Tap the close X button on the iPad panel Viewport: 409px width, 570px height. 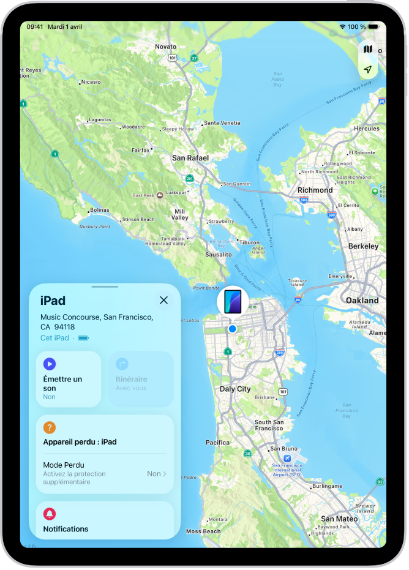(163, 300)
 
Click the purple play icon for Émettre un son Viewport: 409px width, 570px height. (50, 364)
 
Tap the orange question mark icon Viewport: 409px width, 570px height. (50, 428)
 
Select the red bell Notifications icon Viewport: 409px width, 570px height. (50, 514)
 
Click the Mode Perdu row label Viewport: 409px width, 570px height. (64, 465)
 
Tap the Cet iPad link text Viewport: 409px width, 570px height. (54, 337)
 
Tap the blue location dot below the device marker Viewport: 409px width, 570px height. (232, 329)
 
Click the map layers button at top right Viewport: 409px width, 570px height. (367, 49)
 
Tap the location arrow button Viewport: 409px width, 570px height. (367, 70)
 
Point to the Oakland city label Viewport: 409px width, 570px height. (362, 301)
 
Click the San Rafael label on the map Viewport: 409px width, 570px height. (190, 158)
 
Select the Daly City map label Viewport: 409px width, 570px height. (235, 389)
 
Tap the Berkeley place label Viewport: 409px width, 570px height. (363, 246)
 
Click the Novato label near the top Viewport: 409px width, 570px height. (165, 47)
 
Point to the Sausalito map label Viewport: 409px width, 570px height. (218, 254)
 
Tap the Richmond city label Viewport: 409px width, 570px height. (315, 190)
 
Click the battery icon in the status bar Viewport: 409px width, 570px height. (373, 27)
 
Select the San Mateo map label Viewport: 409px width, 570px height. (339, 519)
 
